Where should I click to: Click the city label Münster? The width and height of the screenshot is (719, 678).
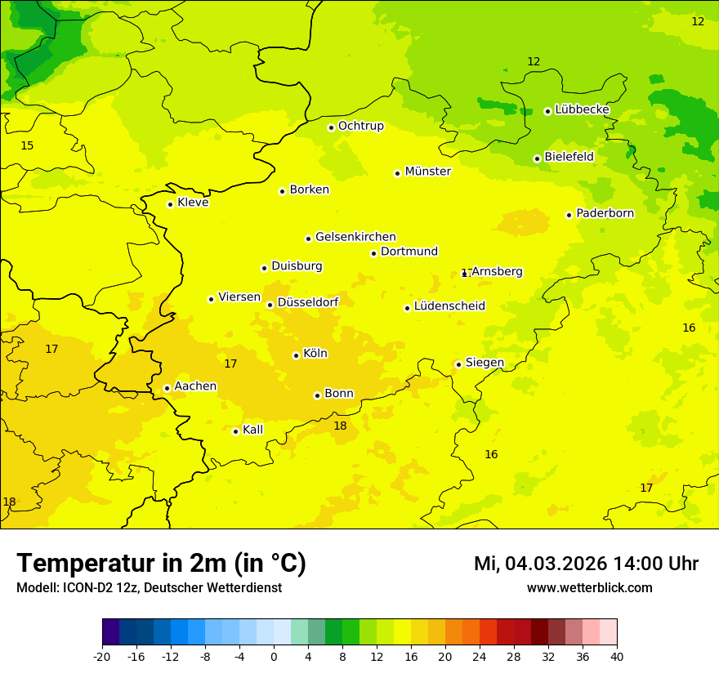pos(427,172)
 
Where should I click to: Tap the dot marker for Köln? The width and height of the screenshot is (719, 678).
pos(296,355)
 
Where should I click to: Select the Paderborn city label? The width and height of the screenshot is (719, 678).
pos(605,213)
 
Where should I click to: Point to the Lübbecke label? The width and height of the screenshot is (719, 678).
pos(582,109)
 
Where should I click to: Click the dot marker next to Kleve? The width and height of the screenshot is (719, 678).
pos(170,204)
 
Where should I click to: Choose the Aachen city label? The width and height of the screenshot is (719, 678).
pos(195,386)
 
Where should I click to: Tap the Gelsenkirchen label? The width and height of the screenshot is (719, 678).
pos(355,237)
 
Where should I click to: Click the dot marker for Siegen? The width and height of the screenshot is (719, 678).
pos(458,365)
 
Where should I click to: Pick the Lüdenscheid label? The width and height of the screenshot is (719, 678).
pos(449,306)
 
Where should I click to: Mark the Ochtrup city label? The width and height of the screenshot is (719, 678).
pos(360,126)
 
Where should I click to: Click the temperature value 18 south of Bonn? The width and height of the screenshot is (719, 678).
pos(340,426)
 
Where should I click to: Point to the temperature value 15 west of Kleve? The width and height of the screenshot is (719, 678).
pos(27,146)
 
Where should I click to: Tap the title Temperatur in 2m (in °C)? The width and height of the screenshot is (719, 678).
pos(161,564)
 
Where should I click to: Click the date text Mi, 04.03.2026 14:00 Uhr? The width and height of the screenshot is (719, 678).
pos(586,564)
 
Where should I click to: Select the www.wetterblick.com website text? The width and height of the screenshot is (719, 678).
pos(589,588)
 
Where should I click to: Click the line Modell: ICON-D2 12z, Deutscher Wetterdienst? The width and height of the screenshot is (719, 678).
pos(149,588)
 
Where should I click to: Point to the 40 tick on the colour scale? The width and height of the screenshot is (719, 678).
pos(616,657)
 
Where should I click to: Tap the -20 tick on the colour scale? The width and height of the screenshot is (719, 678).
pos(102,657)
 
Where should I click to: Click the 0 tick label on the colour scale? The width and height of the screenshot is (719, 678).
pos(274,657)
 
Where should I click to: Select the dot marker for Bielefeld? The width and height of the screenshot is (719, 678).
pos(537,158)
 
